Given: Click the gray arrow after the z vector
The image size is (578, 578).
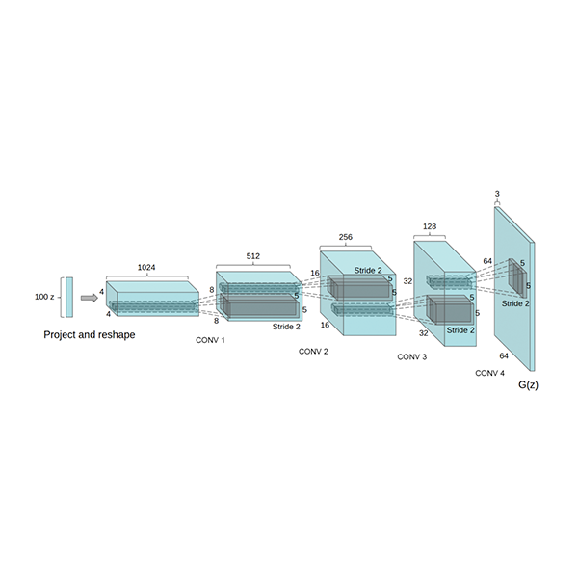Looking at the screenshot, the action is pos(90,298).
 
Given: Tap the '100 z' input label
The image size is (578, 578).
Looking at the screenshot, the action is pos(44,297).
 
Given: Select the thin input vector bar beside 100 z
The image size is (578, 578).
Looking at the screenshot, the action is pos(69,297).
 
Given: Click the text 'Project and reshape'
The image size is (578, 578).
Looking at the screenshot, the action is pos(90,334).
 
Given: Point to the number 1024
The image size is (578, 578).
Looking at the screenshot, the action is pos(146,267).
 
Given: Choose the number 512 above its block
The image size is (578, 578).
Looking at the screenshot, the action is pos(252,256).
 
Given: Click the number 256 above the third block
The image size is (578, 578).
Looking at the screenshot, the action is pos(346,237).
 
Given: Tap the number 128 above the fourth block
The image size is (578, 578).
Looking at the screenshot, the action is pos(430,226).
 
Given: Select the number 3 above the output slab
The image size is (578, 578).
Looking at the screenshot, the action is pos(497,194).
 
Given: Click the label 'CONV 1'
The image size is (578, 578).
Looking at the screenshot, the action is pos(210,340).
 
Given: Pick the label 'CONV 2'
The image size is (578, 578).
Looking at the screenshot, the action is pos(313,352).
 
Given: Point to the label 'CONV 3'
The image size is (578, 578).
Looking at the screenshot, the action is pos(412,357).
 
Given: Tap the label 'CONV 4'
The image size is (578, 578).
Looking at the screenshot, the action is pos(490,373).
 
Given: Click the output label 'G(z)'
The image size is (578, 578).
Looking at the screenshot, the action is pos(528,384).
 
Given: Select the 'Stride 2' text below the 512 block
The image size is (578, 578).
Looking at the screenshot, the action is pos(286,327).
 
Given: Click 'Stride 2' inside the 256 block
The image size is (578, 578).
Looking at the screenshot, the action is pos(368,270).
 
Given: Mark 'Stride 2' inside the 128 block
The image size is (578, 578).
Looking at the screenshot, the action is pos(460,330).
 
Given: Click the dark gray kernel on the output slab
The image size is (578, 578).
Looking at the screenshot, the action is pos(517,277).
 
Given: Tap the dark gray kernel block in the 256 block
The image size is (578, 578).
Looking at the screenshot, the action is pos(359,287).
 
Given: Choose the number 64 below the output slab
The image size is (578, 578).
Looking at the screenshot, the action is pos(504,356).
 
